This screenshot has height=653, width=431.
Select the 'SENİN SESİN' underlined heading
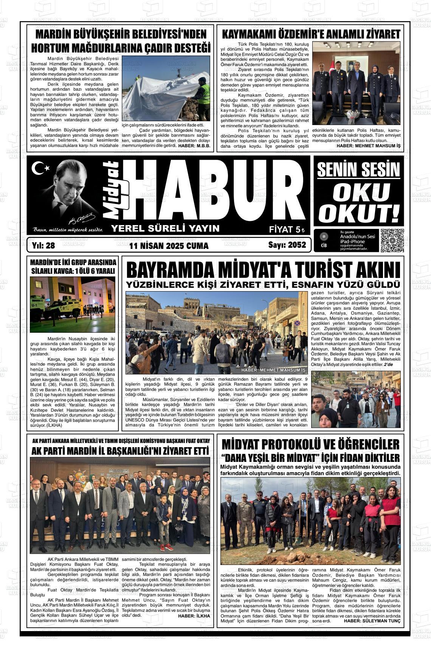[358, 170]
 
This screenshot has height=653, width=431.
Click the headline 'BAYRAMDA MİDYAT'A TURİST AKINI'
[263, 270]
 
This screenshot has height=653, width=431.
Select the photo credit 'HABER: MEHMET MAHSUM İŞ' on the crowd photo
[273, 370]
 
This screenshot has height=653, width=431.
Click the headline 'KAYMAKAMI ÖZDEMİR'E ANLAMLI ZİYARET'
[310, 34]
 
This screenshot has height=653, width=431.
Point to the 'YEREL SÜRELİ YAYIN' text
[165, 228]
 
